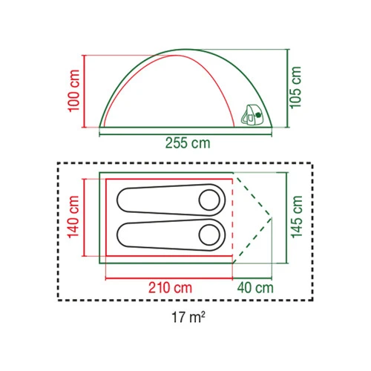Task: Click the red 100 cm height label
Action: (74, 91)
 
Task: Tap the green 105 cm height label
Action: (295, 88)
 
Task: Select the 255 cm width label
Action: (188, 143)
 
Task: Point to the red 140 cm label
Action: (73, 217)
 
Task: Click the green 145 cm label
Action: (297, 217)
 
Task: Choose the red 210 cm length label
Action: (170, 288)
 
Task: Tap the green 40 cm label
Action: (255, 288)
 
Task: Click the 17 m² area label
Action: (188, 317)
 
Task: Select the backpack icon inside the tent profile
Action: (252, 114)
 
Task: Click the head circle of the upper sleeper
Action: (209, 200)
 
